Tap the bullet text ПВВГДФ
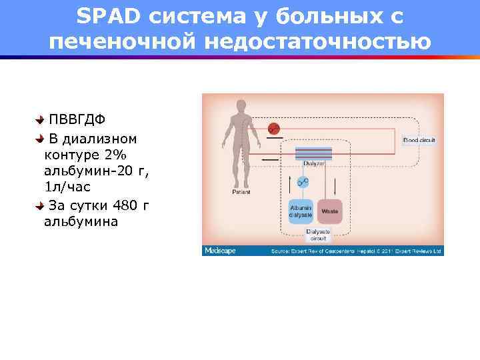tap(77, 119)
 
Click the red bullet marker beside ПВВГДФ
tap(40, 119)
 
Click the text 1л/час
tap(67, 187)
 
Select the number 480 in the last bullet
tap(127, 205)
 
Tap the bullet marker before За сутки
tap(40, 205)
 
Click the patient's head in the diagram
tap(241, 107)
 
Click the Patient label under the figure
tap(241, 192)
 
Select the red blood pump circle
tap(273, 129)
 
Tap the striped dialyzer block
tap(314, 153)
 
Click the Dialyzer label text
tap(314, 163)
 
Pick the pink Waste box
tap(329, 211)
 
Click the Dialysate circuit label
tap(318, 235)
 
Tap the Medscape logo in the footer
tap(220, 251)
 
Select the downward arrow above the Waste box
tap(334, 183)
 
